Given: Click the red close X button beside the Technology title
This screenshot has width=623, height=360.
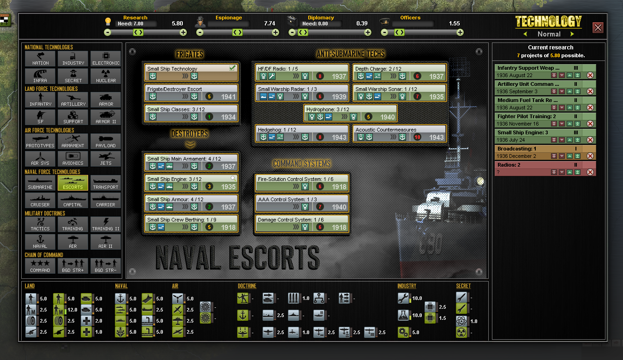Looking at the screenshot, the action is point(598,28).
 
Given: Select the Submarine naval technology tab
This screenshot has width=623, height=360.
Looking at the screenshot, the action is point(40,183).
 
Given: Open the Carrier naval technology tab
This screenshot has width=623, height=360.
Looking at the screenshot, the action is point(105,200).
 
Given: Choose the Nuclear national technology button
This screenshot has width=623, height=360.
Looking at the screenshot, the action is point(106,76).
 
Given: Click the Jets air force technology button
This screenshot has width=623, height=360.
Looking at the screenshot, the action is point(106,159).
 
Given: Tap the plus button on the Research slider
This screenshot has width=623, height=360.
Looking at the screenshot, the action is point(183,33).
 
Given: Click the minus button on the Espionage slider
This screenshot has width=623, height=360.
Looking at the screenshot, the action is point(200,33).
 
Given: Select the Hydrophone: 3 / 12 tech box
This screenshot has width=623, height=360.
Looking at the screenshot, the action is point(350,113).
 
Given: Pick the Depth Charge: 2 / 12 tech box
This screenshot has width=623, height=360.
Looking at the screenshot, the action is point(399,72).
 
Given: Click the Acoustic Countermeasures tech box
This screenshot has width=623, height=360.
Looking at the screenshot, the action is point(399,133).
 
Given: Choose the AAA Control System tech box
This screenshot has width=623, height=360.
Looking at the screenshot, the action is point(302,203).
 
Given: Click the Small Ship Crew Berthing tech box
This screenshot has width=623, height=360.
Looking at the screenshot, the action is point(191,223).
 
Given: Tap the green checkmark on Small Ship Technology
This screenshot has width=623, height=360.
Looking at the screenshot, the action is point(233,68).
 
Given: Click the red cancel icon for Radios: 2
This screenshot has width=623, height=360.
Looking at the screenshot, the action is point(590,172).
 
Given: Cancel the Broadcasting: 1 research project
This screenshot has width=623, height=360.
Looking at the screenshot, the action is point(590,156).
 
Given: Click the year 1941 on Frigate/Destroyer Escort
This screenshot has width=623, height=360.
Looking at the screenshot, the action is point(228,97).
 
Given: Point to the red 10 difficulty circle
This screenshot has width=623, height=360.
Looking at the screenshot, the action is point(417,137).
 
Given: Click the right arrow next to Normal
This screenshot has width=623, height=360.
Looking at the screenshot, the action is point(572,34).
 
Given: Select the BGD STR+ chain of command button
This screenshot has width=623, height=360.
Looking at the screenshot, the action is point(73,266).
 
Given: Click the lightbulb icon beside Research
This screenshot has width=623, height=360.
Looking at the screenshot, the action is point(108,21).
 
